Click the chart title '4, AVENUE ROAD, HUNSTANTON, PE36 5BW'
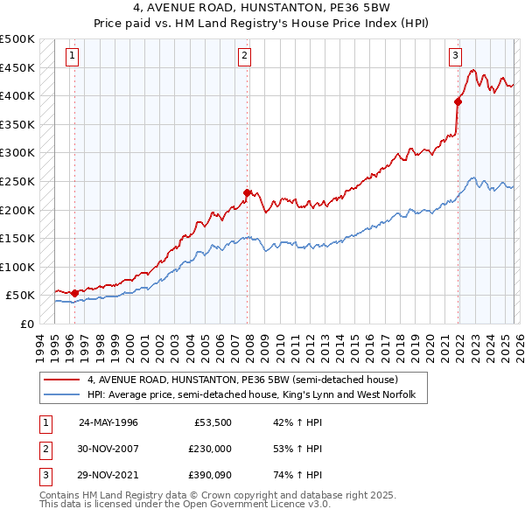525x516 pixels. tap(262, 10)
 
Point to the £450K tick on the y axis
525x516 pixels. tap(17, 67)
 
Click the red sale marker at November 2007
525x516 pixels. tap(248, 192)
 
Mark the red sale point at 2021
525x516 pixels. tap(458, 101)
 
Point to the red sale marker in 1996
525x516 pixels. tap(75, 293)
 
